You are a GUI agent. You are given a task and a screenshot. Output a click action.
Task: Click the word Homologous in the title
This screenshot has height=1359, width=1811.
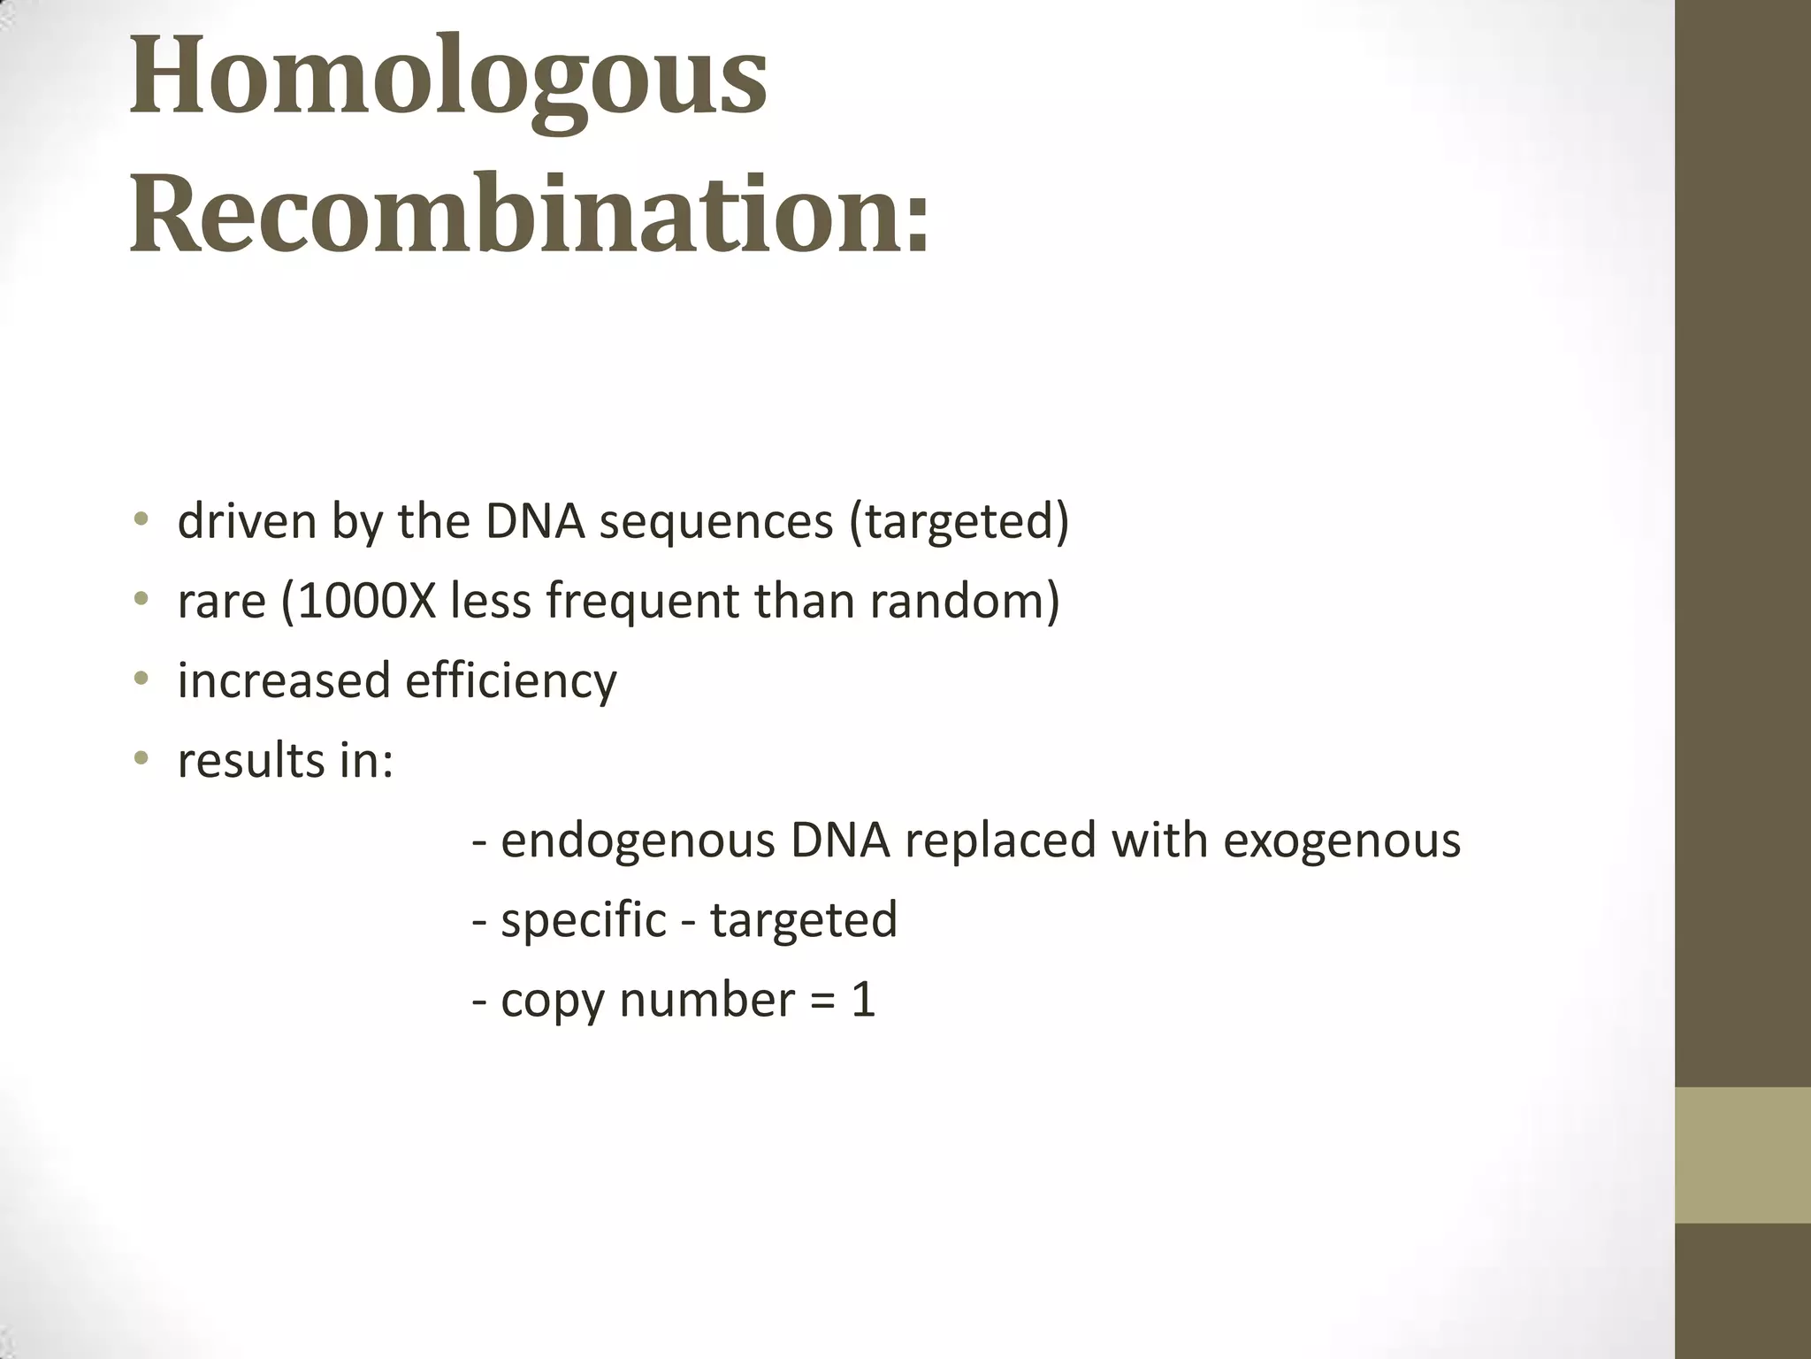(x=448, y=77)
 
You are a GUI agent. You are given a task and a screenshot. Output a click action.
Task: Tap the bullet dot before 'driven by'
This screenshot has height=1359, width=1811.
(x=141, y=519)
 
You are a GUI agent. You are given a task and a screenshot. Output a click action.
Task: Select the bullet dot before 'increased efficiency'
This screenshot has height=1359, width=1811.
(x=141, y=679)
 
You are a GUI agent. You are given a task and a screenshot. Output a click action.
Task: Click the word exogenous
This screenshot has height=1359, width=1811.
(x=1341, y=841)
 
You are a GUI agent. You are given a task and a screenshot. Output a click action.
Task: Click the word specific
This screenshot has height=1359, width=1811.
(x=584, y=920)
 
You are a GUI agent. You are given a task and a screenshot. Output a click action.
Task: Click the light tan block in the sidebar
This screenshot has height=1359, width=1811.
(x=1742, y=1155)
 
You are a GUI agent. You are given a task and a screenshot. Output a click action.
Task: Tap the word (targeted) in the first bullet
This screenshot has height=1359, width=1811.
(x=959, y=521)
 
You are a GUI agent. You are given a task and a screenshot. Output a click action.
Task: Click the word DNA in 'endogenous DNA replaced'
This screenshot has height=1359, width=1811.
(x=840, y=840)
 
